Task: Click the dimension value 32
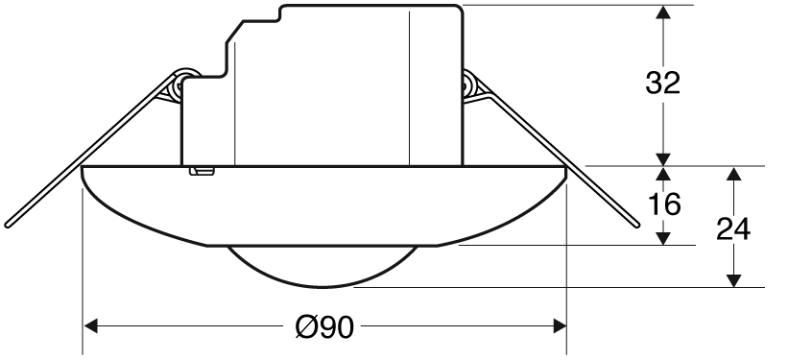coord(663,83)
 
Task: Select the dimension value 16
coord(664,204)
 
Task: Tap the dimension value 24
coord(733,228)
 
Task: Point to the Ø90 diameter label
coord(324,327)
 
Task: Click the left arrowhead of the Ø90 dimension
coord(90,325)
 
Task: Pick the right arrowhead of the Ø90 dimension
coord(560,325)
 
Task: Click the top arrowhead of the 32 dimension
coord(663,12)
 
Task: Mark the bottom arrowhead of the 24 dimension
coord(734,280)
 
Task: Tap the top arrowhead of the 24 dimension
coord(734,174)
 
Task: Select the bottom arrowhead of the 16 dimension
coord(664,239)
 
